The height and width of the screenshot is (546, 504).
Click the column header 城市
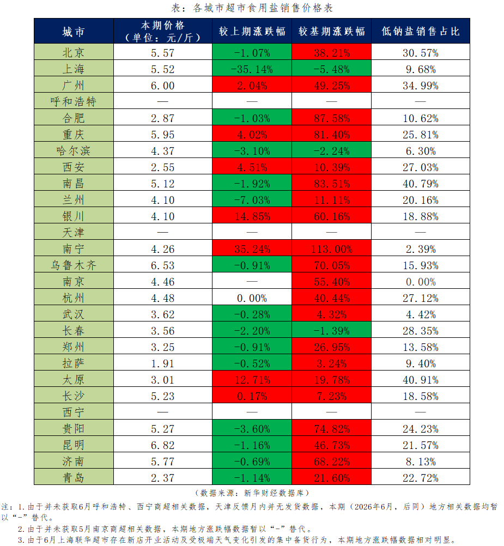point(74,32)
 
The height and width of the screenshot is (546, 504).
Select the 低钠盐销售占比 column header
point(421,32)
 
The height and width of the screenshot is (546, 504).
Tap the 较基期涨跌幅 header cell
point(332,32)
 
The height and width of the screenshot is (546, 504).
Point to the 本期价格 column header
point(162,32)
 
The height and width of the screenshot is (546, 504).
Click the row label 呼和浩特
point(74,101)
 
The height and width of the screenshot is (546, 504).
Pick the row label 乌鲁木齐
point(74,265)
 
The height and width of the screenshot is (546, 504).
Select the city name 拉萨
point(74,363)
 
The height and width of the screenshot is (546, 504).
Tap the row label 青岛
point(74,478)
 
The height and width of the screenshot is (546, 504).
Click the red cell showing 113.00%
point(332,249)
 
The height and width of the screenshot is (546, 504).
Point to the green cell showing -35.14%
point(252,69)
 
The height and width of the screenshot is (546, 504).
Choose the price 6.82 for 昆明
point(162,445)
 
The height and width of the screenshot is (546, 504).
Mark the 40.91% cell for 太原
point(421,380)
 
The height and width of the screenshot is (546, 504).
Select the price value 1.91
point(162,363)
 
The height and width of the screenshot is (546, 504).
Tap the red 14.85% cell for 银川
point(252,216)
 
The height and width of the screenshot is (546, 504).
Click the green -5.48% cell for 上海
point(332,69)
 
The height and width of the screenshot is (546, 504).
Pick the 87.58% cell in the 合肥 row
point(332,118)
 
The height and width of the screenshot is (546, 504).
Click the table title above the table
point(252,8)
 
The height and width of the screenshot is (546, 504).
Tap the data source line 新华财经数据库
point(252,493)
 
